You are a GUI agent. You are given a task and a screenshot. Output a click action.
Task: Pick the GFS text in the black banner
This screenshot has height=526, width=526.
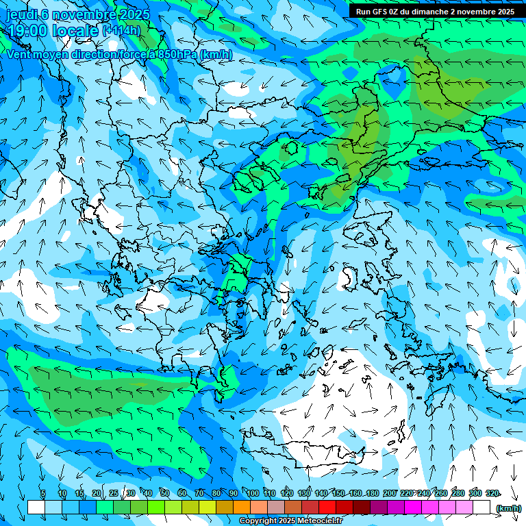(x=381, y=12)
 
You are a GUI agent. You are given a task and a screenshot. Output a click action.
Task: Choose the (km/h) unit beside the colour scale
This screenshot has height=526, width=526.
(x=508, y=508)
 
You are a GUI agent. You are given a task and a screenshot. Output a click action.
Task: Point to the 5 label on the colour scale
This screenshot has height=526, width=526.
(x=43, y=494)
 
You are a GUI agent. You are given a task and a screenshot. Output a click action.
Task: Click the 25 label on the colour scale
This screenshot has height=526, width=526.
(x=113, y=494)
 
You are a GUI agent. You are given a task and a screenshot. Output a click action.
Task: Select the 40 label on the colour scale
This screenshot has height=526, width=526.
(x=147, y=494)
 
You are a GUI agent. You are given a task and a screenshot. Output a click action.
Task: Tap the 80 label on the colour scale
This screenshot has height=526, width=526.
(x=216, y=494)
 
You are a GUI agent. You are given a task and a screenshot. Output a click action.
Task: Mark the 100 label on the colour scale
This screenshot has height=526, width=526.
(x=253, y=494)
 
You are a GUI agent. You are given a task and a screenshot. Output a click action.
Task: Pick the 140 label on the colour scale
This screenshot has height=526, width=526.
(x=321, y=494)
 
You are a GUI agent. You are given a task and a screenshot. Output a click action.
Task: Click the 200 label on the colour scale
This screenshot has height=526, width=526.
(x=390, y=494)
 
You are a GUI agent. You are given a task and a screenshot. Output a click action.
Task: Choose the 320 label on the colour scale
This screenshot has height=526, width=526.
(x=492, y=494)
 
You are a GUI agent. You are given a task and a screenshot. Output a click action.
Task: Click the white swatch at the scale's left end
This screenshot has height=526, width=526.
(x=36, y=508)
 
